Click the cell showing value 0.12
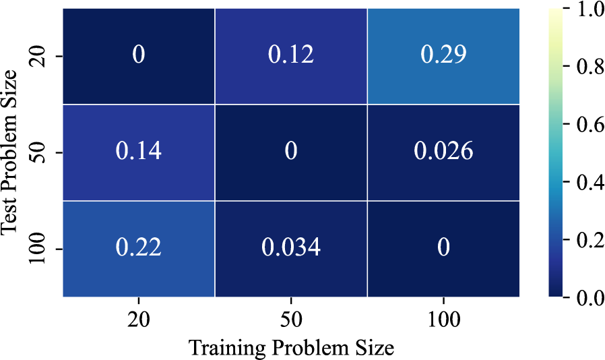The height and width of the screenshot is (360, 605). click(291, 55)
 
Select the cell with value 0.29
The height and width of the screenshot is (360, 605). click(443, 55)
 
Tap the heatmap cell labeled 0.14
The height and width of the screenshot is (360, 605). click(138, 152)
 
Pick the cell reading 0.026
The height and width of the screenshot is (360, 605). click(443, 152)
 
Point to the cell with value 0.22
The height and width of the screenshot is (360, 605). click(138, 248)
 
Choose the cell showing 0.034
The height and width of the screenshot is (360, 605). click(291, 248)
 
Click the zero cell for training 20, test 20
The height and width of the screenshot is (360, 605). click(138, 55)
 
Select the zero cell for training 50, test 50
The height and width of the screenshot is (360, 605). click(291, 152)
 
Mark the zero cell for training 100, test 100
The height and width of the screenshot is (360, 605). click(443, 248)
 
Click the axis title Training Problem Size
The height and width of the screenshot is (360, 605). click(291, 347)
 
